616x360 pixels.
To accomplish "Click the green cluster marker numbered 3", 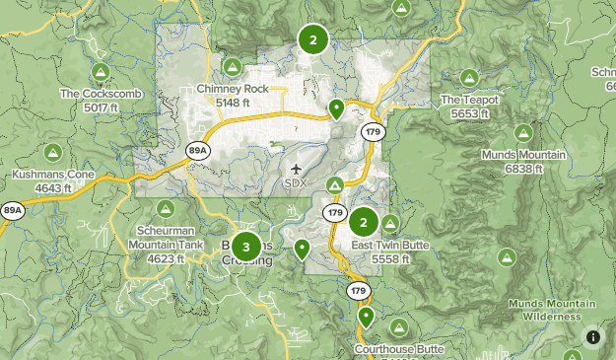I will coord(246,247).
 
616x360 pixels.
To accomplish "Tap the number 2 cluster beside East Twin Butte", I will coord(364,222).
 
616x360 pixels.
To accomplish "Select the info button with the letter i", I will coord(593,337).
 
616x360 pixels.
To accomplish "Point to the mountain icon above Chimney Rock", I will coord(232,68).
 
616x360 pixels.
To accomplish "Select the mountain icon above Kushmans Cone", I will coord(52,153).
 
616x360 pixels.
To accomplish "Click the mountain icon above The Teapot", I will coord(469,78).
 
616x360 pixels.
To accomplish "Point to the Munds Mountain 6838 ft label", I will coord(523,162).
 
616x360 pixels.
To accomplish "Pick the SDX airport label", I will coord(296,182).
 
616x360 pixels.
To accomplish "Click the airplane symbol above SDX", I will coord(298,169).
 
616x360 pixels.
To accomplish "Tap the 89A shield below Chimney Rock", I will coord(198,150).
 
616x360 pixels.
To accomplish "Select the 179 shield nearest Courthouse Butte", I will coord(358,291).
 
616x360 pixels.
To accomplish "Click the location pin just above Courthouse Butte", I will coord(367,317).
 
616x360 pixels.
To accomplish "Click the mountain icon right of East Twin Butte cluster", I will coord(391,223).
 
